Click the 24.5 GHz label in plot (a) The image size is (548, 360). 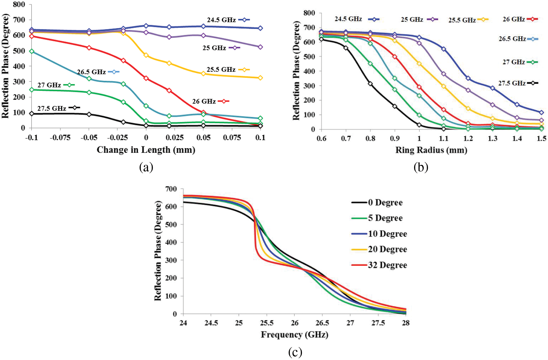click(x=221, y=20)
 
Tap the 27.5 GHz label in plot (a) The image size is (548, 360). click(x=52, y=108)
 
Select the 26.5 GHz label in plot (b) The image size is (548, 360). click(x=512, y=39)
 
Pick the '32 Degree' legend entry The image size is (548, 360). click(x=387, y=265)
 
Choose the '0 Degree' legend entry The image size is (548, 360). click(x=385, y=202)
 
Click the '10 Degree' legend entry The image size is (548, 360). click(x=387, y=234)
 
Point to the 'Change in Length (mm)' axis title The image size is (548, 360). click(x=146, y=150)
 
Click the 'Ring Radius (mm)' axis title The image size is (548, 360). click(x=431, y=150)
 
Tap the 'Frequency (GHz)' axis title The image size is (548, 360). click(x=294, y=334)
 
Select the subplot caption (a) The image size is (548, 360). click(x=146, y=167)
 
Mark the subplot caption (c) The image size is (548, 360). click(x=295, y=352)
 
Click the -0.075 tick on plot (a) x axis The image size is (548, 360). click(x=60, y=137)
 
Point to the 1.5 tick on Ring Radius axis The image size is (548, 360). click(x=541, y=138)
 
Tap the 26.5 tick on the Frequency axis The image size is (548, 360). click(x=322, y=323)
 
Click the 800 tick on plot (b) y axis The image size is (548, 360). click(x=309, y=13)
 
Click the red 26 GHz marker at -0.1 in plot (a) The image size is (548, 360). click(x=32, y=36)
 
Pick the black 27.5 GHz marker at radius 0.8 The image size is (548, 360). click(x=370, y=84)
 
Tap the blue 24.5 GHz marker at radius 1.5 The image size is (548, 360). click(x=541, y=112)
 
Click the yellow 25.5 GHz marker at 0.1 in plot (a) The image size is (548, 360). click(x=260, y=78)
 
